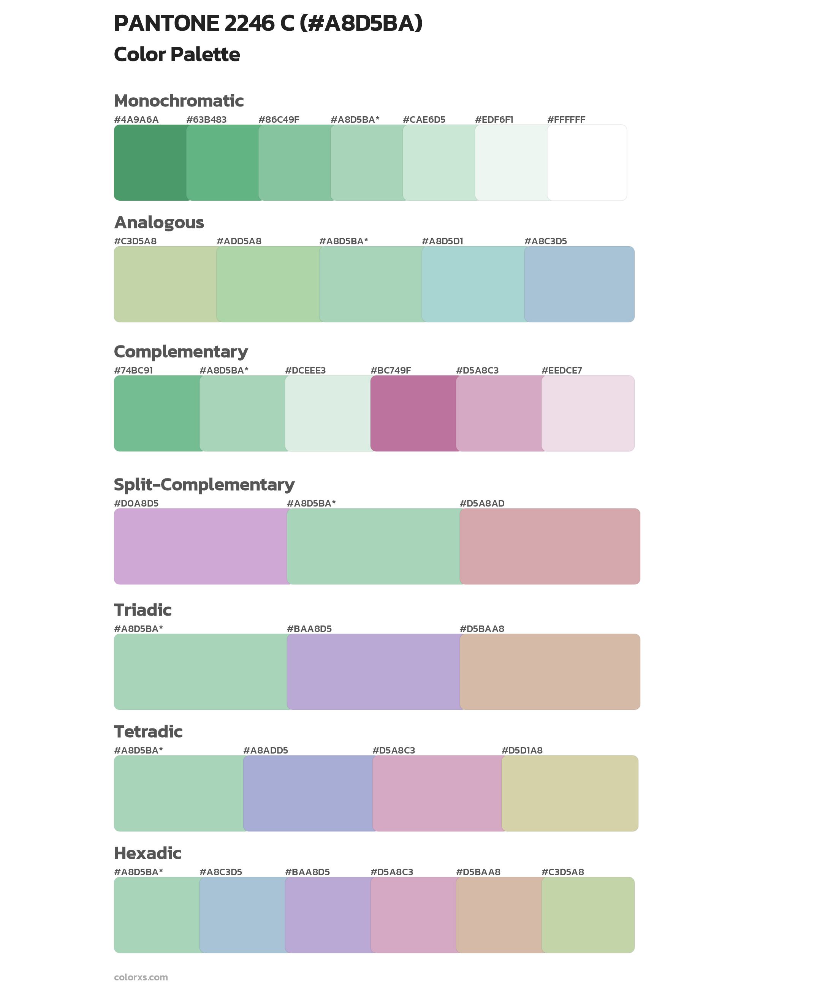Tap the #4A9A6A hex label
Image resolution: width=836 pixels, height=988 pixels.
[136, 119]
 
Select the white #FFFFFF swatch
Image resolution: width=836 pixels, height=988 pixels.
[587, 163]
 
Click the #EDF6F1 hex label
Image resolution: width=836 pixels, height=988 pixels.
[494, 119]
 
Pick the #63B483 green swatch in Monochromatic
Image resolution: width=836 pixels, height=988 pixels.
[222, 163]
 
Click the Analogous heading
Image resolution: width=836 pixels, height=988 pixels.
[159, 222]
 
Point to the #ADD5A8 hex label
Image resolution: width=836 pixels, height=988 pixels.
[239, 241]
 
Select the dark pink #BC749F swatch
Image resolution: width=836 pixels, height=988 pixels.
[413, 413]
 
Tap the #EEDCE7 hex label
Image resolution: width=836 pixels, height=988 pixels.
[562, 370]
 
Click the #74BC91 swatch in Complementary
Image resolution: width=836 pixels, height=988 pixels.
[157, 413]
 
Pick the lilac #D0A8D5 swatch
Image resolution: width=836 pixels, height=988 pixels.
[201, 546]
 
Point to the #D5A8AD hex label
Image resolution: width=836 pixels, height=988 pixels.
[482, 503]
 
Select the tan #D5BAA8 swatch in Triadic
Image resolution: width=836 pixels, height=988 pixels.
[550, 671]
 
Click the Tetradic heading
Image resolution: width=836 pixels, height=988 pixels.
[148, 731]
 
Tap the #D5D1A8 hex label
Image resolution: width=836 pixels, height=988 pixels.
[522, 750]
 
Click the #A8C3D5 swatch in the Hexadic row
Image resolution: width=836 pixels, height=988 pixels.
[242, 915]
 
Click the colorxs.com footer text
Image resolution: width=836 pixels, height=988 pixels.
[141, 977]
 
